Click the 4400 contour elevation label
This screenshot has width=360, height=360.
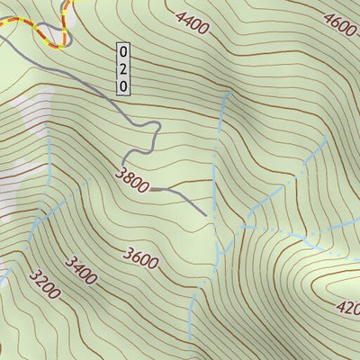point(193,24)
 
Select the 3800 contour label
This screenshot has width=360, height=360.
point(132,181)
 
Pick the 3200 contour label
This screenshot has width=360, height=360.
point(44,284)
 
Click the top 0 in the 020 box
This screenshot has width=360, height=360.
point(123,52)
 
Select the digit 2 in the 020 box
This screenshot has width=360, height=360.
point(123,68)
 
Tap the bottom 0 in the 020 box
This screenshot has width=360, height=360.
point(123,85)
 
